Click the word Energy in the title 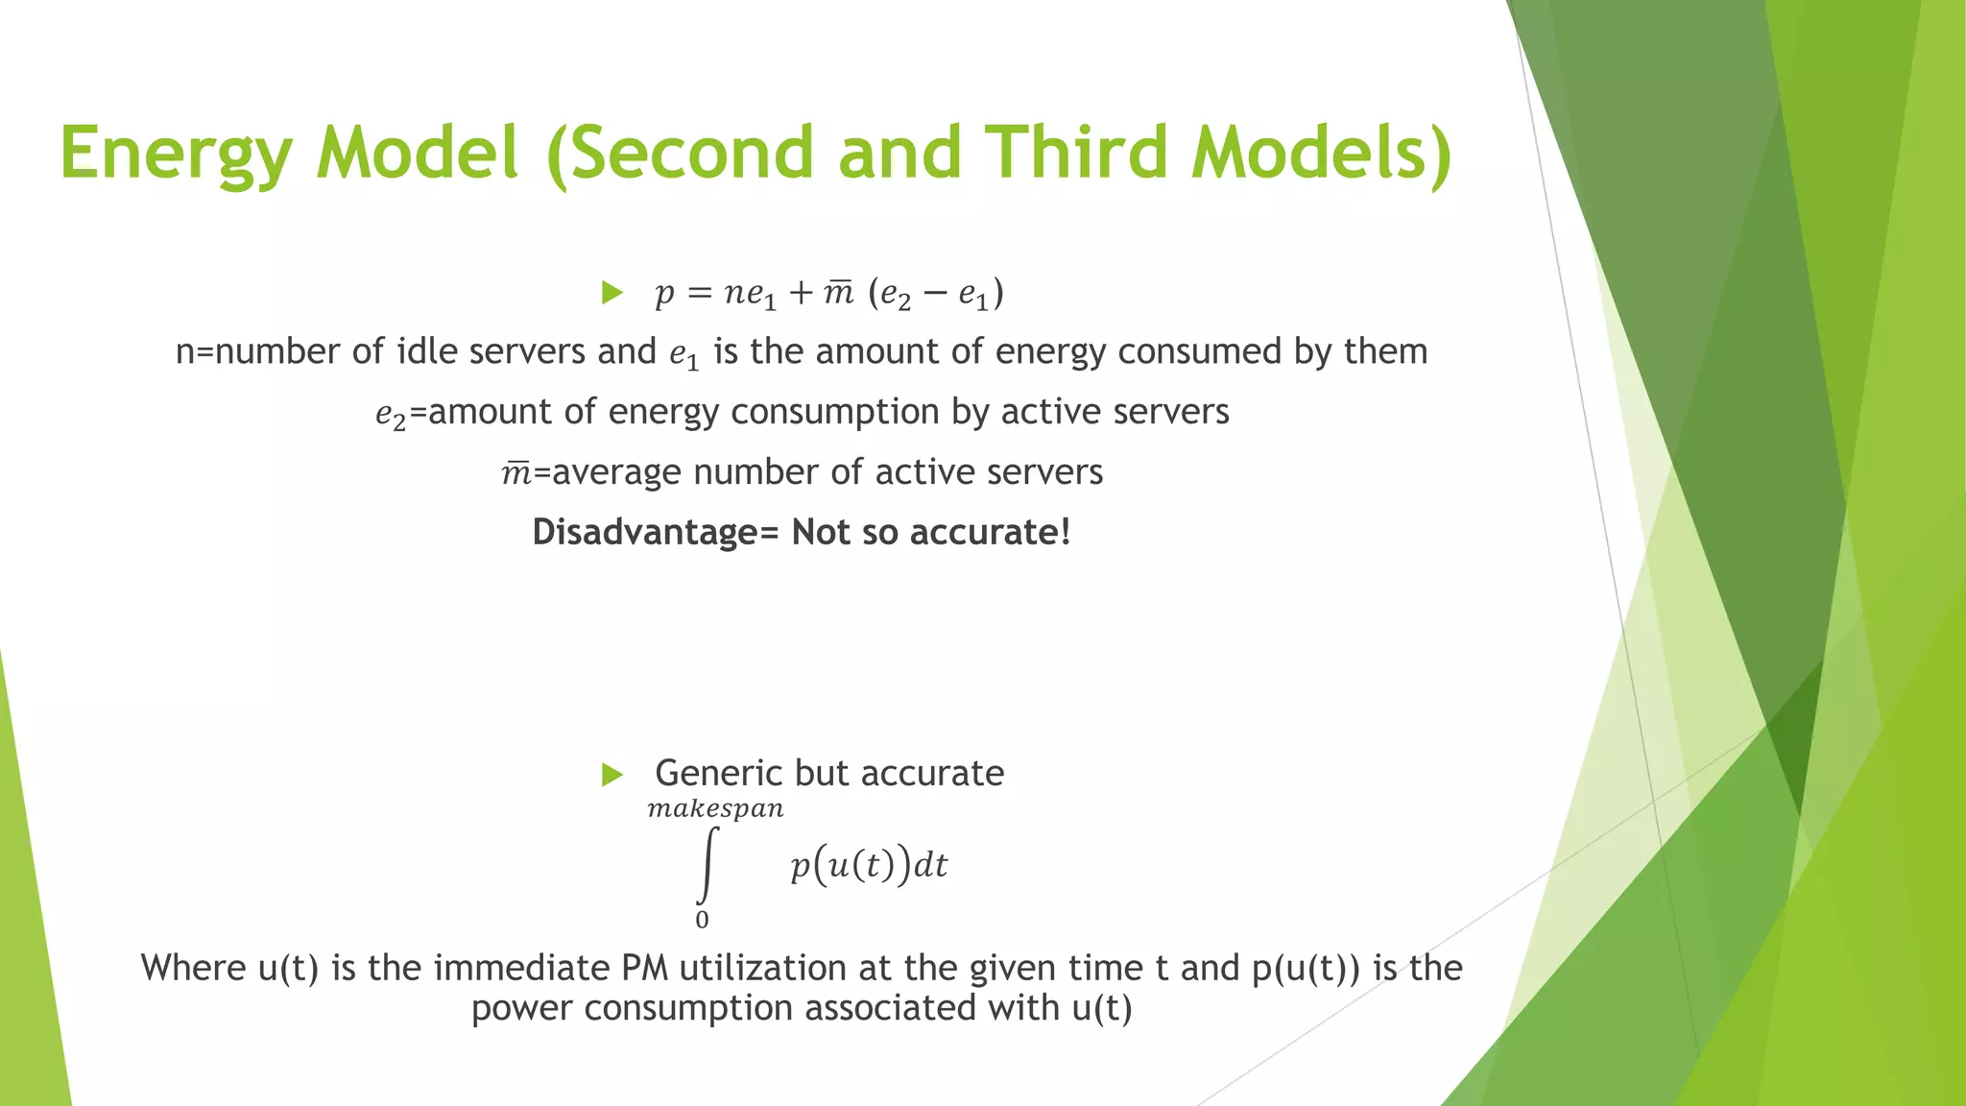175,154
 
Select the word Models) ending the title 1322,154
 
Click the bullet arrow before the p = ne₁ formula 611,292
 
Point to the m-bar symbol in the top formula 838,292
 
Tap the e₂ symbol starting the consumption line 391,414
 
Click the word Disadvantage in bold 644,532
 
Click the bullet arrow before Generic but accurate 611,774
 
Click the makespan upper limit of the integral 715,809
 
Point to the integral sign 707,864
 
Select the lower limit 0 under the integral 702,920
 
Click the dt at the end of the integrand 930,866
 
